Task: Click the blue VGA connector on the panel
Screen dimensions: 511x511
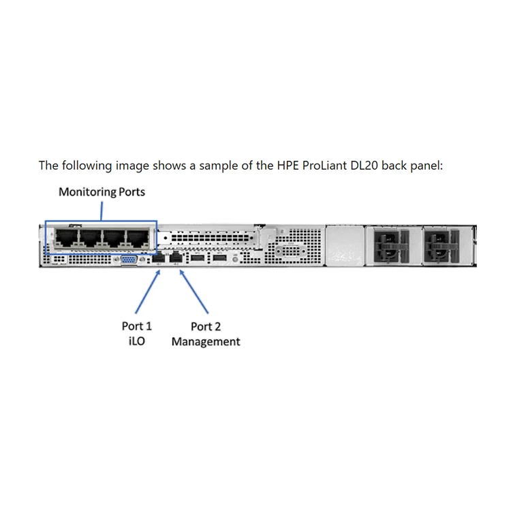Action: pyautogui.click(x=127, y=259)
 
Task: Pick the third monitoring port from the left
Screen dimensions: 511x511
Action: pyautogui.click(x=114, y=238)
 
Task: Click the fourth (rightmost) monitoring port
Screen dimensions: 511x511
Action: pyautogui.click(x=137, y=238)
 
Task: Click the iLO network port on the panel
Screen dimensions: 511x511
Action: pyautogui.click(x=160, y=258)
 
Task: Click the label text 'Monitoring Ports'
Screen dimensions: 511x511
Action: pyautogui.click(x=102, y=191)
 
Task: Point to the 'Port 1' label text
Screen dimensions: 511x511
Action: pyautogui.click(x=137, y=326)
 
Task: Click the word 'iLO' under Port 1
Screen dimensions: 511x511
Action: pyautogui.click(x=137, y=341)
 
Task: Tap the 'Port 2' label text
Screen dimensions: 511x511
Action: pyautogui.click(x=206, y=326)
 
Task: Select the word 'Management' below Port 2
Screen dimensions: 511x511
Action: pyautogui.click(x=206, y=341)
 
